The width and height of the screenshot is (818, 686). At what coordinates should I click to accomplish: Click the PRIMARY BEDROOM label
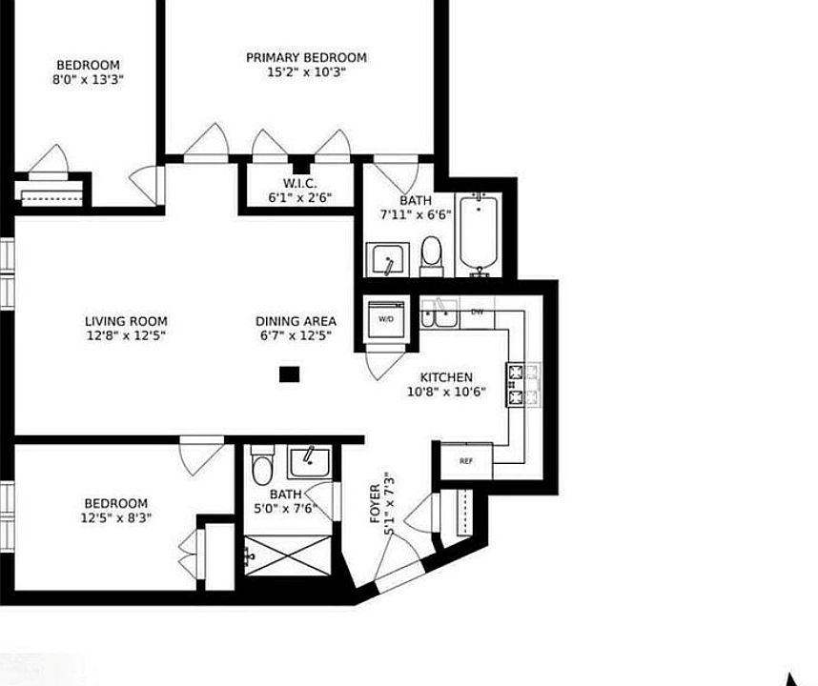pyautogui.click(x=306, y=57)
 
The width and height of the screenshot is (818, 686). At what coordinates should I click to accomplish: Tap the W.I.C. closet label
pyautogui.click(x=300, y=184)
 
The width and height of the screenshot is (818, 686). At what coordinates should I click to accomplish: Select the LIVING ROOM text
pyautogui.click(x=126, y=321)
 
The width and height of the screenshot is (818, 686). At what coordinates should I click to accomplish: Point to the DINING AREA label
pyautogui.click(x=296, y=321)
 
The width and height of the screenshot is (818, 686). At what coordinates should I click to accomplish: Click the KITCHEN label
pyautogui.click(x=446, y=377)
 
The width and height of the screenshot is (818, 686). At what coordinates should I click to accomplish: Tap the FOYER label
pyautogui.click(x=375, y=504)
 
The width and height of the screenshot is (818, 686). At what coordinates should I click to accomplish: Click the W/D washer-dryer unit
pyautogui.click(x=386, y=319)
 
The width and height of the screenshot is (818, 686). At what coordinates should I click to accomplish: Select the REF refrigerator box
pyautogui.click(x=466, y=461)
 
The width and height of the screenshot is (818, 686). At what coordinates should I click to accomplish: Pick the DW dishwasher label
pyautogui.click(x=477, y=313)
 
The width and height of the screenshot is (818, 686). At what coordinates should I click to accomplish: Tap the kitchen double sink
pyautogui.click(x=439, y=313)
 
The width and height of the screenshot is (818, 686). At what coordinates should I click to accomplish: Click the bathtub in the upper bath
pyautogui.click(x=478, y=235)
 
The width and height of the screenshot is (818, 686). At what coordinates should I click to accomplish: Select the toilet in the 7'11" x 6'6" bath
pyautogui.click(x=432, y=256)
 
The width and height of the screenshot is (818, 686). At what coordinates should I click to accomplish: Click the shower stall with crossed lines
pyautogui.click(x=288, y=555)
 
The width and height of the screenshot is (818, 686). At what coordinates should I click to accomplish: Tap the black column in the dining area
pyautogui.click(x=289, y=374)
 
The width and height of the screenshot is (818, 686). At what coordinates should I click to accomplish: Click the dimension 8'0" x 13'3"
pyautogui.click(x=88, y=80)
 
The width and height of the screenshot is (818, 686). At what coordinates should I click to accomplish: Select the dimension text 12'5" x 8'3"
pyautogui.click(x=115, y=518)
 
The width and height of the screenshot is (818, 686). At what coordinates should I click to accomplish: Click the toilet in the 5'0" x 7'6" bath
pyautogui.click(x=262, y=466)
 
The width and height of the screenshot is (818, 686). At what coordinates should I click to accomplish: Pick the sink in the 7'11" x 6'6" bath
pyautogui.click(x=386, y=259)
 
